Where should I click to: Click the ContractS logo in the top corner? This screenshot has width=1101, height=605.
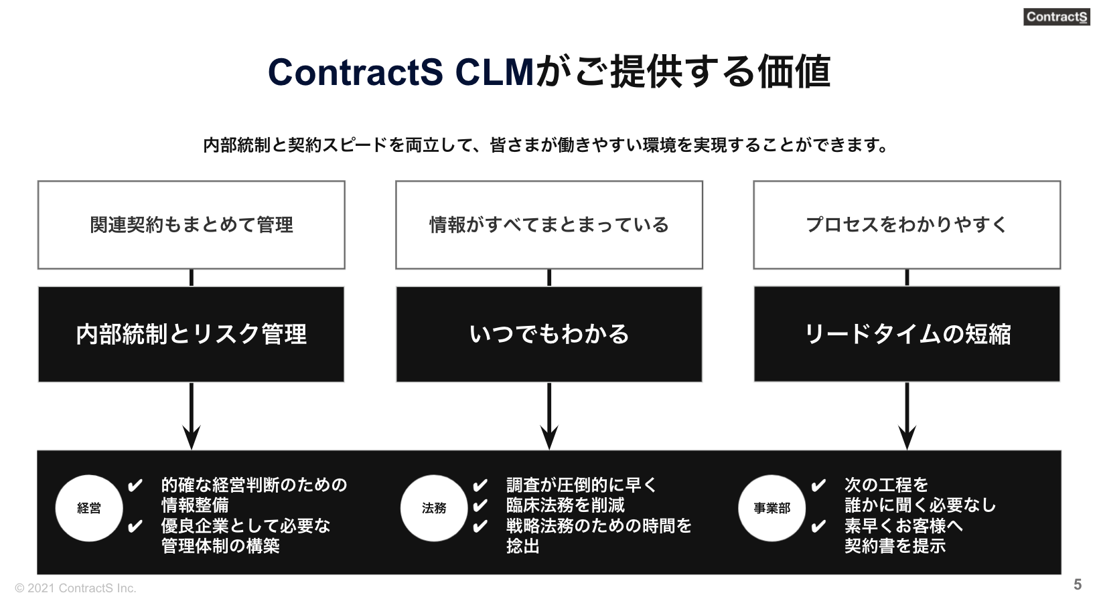coord(1056,17)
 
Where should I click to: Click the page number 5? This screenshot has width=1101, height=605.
coord(1078,584)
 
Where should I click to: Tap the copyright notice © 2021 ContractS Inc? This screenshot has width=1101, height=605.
coord(76,588)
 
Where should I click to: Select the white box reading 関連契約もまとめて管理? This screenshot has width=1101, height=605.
coord(192,225)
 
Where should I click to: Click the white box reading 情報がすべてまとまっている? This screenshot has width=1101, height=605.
coord(549,225)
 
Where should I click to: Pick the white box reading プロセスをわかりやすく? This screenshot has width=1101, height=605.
coord(907,225)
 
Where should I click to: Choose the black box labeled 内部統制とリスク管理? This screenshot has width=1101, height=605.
coord(192,334)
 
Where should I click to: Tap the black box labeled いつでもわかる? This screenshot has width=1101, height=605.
coord(549,334)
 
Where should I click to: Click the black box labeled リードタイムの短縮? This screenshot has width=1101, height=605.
coord(907,334)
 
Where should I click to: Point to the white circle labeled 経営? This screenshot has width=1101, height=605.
coord(89,509)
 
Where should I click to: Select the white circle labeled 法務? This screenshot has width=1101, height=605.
coord(434,509)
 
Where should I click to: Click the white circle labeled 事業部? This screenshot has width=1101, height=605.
coord(772,509)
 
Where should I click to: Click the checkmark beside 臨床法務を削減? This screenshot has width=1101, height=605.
coord(480,506)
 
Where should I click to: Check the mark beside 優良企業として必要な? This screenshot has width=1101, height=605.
coord(135,527)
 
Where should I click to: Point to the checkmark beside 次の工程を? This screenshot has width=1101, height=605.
coord(818,486)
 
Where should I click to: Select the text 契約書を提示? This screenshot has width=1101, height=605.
coord(895,546)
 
